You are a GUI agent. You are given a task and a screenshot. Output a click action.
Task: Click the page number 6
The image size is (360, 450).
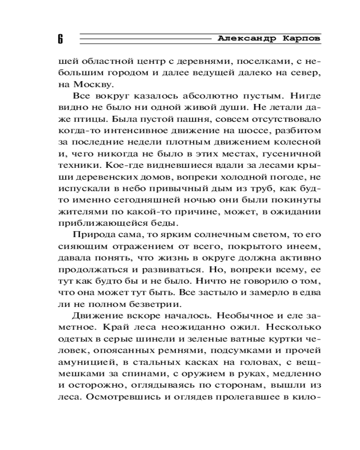tap(60, 39)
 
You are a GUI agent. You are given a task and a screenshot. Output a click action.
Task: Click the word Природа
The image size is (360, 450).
tap(94, 236)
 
